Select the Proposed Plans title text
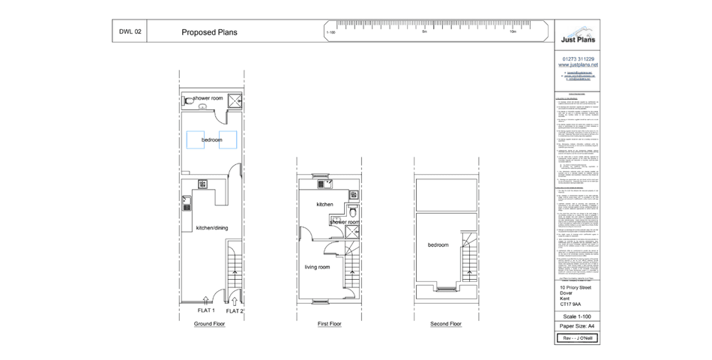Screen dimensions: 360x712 click(x=210, y=33)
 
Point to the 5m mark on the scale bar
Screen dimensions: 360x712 click(x=424, y=32)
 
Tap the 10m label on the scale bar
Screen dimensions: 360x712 click(x=513, y=32)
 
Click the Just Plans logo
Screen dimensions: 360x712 click(x=579, y=37)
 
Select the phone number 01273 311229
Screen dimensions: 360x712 click(x=579, y=59)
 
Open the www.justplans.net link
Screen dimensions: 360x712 click(x=579, y=65)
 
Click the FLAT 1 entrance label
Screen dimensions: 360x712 click(x=206, y=310)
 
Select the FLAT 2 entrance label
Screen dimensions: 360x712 click(x=235, y=310)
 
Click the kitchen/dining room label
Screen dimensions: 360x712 click(x=211, y=227)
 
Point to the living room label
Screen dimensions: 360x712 click(x=318, y=266)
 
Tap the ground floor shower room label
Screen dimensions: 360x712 click(x=208, y=98)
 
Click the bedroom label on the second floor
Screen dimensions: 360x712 click(x=438, y=245)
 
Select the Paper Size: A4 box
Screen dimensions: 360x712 click(x=579, y=326)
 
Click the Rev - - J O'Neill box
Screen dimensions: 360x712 click(x=579, y=338)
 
